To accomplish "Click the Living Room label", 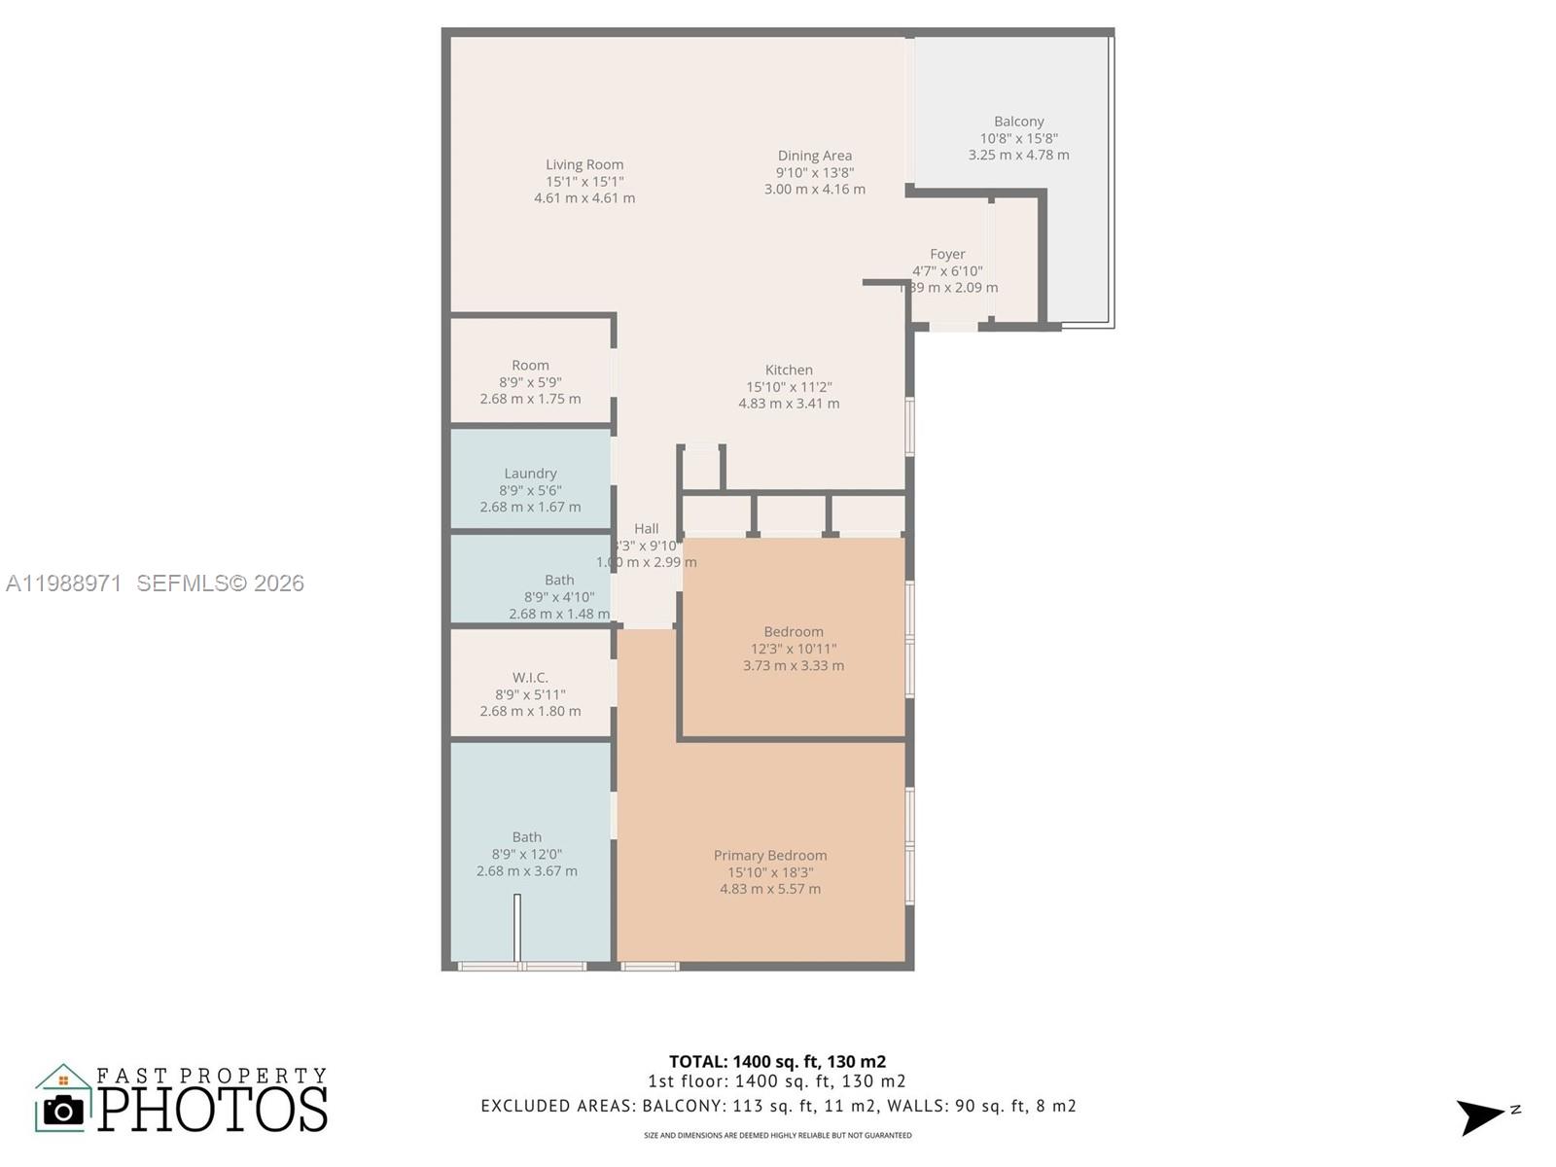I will [583, 164].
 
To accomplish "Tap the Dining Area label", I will [814, 156].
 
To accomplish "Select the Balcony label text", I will [1018, 122].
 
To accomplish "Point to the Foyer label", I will [946, 254].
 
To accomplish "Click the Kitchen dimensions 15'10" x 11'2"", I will [789, 386].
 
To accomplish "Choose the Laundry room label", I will [530, 474].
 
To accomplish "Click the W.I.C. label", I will [530, 677].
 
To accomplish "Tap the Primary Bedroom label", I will [770, 855].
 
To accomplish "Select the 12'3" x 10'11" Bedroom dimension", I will [793, 649].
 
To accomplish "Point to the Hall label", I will [646, 529].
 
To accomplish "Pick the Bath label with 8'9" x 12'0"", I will [526, 836].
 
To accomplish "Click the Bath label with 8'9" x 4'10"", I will [559, 580].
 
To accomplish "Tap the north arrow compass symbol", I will [1481, 1116].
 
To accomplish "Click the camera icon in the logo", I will [64, 1110].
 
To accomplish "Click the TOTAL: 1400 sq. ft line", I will [777, 1062].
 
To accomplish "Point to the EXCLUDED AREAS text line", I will [778, 1106].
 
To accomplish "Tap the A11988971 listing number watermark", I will [64, 583].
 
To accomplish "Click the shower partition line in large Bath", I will [517, 929].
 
